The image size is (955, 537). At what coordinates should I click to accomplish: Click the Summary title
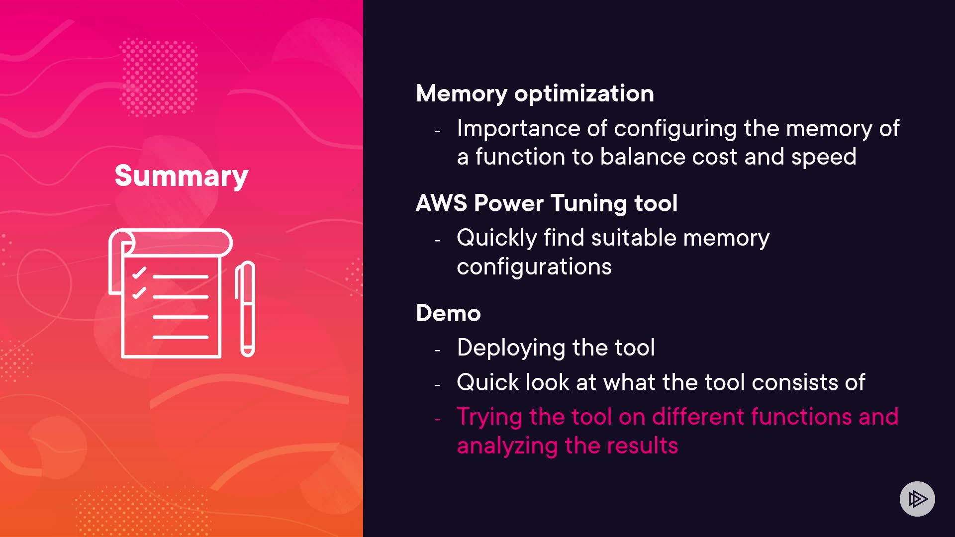point(181,176)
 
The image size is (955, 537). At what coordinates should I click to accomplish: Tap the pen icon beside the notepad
point(245,309)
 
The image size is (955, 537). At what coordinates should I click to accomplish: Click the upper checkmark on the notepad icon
point(139,273)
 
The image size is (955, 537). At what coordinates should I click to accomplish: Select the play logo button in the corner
point(917,499)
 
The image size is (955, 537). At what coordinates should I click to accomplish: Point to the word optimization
point(584,93)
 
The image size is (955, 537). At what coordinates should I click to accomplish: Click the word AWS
point(441,203)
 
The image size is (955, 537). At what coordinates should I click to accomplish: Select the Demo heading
point(448,313)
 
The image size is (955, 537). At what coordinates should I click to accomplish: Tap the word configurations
point(534,267)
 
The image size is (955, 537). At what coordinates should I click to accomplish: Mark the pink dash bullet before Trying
point(438,420)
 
